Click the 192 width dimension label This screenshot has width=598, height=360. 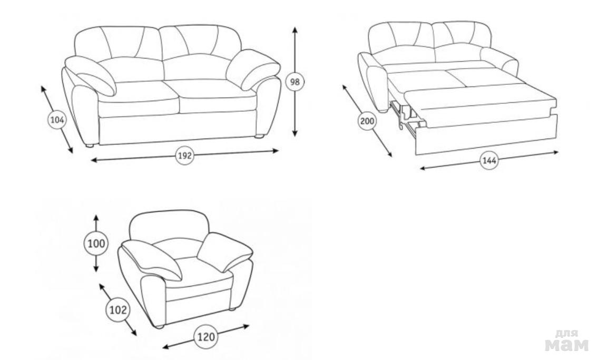pos(184,155)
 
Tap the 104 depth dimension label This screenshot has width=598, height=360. pos(57,120)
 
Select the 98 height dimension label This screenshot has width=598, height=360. pos(295,82)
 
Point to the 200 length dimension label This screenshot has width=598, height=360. pos(367,122)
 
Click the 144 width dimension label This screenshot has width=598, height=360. pos(489,161)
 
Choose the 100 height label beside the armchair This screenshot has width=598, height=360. pos(96,244)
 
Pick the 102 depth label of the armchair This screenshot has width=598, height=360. pos(118,310)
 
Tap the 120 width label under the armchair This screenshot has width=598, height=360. pos(206,337)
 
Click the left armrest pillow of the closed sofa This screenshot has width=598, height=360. pos(91,75)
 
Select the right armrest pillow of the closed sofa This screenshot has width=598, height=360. pos(253,69)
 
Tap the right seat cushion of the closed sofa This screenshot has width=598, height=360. pos(217,96)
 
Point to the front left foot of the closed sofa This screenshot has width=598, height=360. pos(90,145)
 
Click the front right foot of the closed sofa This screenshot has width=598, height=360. pos(259,135)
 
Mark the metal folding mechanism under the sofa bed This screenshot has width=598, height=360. pos(407,115)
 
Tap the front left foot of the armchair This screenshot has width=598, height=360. pos(160,326)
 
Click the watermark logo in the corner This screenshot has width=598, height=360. pos(567,340)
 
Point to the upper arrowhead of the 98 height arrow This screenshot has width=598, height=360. pos(295,30)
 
